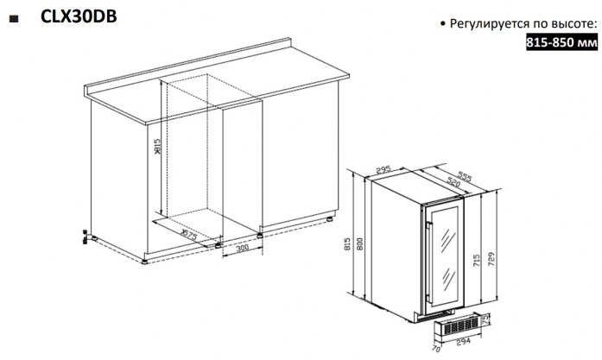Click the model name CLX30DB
click(79, 16)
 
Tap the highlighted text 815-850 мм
click(561, 41)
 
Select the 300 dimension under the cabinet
click(242, 249)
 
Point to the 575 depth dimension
click(189, 234)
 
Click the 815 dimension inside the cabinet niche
click(157, 146)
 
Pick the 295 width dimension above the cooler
click(383, 169)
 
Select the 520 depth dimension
click(453, 182)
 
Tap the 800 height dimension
click(360, 244)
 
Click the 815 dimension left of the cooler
click(348, 244)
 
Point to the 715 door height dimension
click(477, 261)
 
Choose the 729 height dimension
click(491, 259)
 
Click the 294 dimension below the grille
click(463, 342)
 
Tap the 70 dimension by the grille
click(436, 349)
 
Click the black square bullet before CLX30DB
click(14, 19)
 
